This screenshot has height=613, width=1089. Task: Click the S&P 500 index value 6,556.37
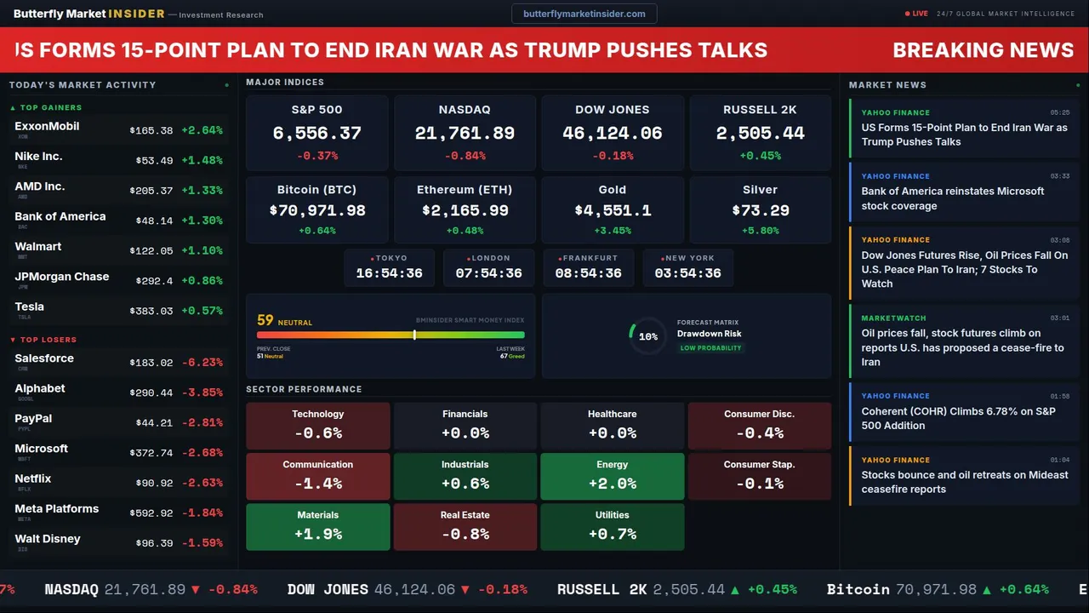(316, 134)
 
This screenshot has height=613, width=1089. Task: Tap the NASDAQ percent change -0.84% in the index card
(465, 156)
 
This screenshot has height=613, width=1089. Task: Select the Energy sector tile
(612, 477)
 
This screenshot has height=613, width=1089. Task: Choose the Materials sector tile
(317, 527)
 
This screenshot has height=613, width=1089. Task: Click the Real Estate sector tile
(465, 527)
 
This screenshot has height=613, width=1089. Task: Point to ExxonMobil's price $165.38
(151, 131)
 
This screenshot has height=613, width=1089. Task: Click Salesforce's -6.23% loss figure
(202, 363)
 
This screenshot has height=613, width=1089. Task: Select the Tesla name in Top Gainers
(30, 307)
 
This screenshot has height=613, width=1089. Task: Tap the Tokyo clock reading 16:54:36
(389, 273)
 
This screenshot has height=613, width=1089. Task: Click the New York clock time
(687, 273)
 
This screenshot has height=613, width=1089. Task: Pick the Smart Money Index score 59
(265, 321)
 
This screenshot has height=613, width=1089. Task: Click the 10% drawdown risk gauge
(647, 336)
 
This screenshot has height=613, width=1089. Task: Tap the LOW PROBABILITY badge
(710, 348)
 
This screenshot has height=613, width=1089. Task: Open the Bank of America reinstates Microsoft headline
(952, 198)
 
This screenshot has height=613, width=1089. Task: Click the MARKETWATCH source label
(895, 318)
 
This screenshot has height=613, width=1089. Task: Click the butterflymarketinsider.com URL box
(584, 14)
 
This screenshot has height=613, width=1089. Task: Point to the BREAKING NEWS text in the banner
(983, 50)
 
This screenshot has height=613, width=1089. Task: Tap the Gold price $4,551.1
(613, 210)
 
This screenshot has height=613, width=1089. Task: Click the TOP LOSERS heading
(48, 340)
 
